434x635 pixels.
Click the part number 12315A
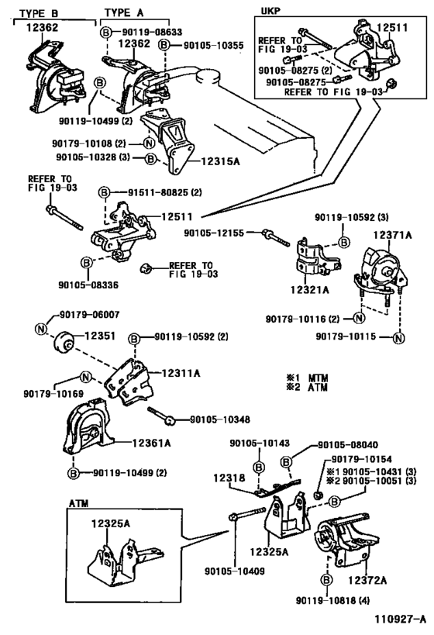221,161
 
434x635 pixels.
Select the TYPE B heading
39,13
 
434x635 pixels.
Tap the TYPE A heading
124,13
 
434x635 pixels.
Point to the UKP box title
270,11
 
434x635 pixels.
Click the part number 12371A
392,235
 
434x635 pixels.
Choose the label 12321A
310,289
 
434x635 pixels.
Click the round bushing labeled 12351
64,341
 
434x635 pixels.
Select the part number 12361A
151,443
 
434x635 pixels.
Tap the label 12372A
367,580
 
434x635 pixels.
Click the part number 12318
229,478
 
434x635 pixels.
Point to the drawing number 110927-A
400,619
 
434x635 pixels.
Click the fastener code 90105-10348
220,419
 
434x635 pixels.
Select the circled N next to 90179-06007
41,330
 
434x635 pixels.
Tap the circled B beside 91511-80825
105,192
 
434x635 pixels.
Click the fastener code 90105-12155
214,233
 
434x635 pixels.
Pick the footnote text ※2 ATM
307,387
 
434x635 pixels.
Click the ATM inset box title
78,503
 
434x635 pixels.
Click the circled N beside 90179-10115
399,337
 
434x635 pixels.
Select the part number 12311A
181,373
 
